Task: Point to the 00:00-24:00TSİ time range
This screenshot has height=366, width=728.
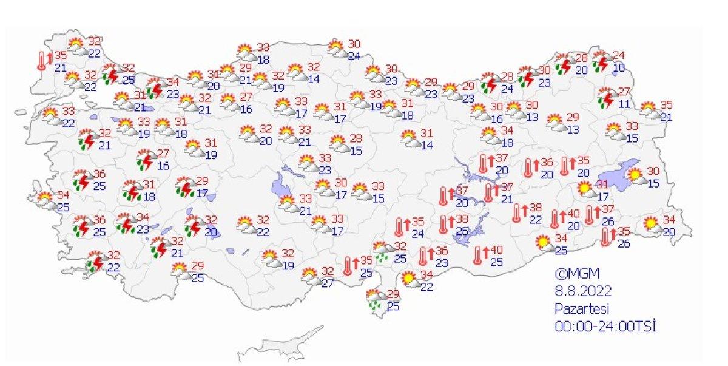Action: pos(606,326)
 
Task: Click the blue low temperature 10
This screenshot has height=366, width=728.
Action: pos(618,67)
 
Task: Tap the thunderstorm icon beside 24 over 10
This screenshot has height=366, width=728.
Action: pos(602,61)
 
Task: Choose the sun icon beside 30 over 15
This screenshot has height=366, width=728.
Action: pos(635,177)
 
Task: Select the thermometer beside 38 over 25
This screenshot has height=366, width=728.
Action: pos(445,225)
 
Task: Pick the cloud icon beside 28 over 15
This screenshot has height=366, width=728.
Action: pos(339,144)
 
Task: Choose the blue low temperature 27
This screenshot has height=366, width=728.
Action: pos(328,283)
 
